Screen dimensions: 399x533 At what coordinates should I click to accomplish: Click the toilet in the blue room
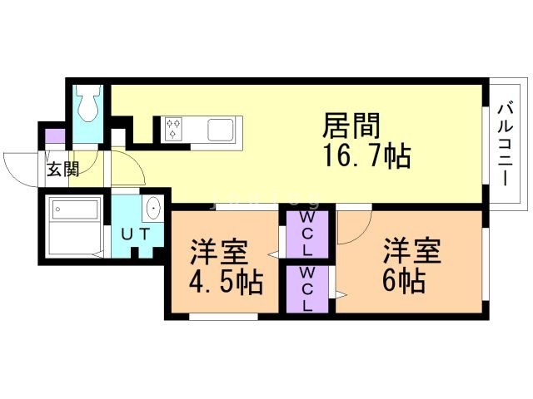(87, 104)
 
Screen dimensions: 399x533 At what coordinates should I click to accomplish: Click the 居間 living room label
(351, 127)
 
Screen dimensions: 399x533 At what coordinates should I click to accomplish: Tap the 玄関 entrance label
(62, 170)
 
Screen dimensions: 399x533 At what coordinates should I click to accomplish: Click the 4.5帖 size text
(227, 280)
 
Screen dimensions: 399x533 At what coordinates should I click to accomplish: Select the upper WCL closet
(307, 234)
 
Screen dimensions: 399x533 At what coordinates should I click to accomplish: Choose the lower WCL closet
(307, 288)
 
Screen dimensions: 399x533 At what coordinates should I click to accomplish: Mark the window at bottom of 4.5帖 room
(222, 317)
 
